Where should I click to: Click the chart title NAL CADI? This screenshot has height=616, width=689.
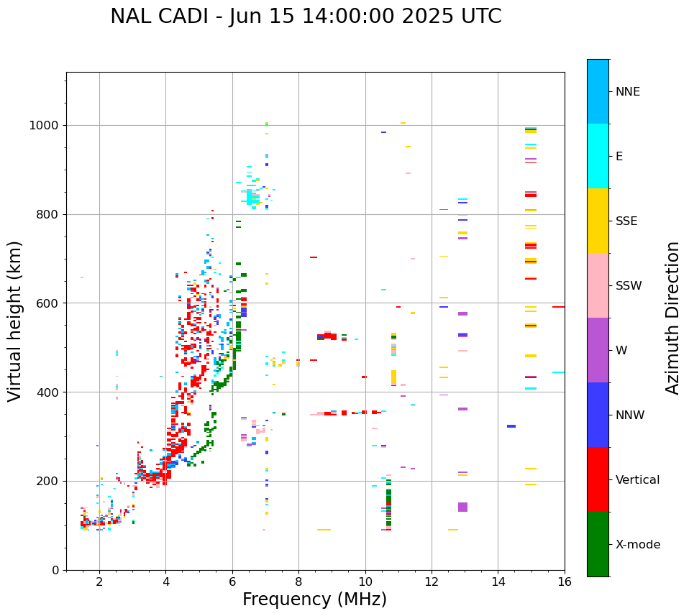(306, 17)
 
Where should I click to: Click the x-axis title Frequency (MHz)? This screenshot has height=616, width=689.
(314, 599)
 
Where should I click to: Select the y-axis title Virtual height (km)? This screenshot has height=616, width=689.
(15, 321)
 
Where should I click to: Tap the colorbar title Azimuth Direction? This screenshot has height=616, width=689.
(672, 317)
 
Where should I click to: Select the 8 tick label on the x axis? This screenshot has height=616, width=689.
(298, 581)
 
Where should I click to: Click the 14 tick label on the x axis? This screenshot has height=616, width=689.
(498, 581)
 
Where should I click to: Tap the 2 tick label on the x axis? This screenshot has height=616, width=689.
(99, 581)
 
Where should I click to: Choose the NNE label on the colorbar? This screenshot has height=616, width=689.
(627, 92)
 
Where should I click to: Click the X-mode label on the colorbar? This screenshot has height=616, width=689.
(637, 545)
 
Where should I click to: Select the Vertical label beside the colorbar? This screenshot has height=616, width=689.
(637, 480)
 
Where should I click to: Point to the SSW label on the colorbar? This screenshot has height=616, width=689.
(629, 286)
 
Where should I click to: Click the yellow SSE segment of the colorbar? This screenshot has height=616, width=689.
(598, 221)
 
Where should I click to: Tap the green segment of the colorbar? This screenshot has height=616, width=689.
(598, 544)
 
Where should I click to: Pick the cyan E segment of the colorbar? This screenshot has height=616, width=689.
(598, 156)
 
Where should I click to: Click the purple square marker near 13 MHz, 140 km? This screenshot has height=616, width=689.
(462, 507)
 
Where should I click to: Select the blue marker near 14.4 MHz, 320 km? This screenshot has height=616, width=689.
(511, 426)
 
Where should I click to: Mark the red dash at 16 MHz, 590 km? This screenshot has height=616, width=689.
(558, 307)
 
